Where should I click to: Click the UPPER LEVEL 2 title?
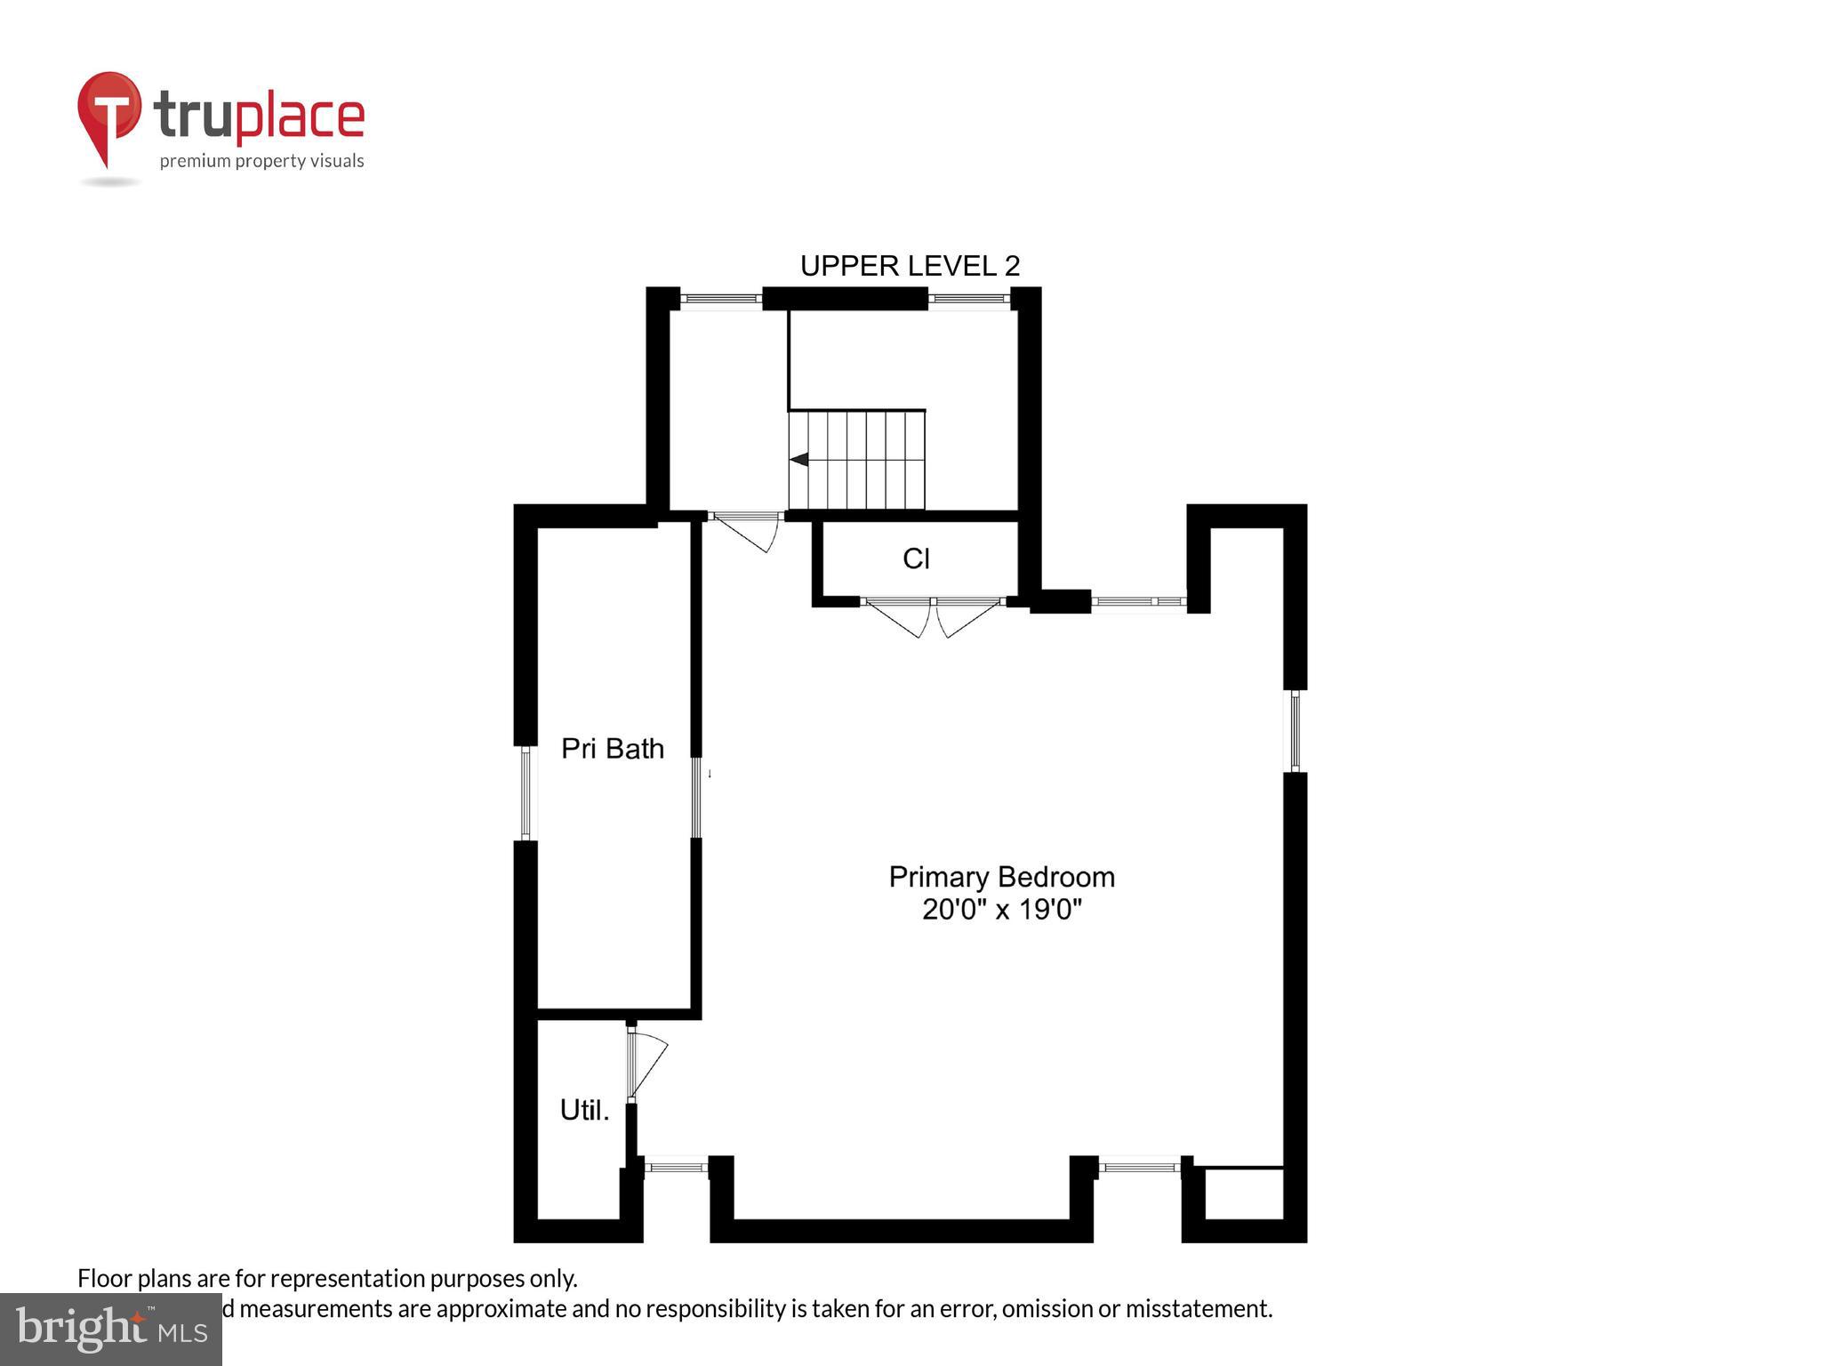point(910,265)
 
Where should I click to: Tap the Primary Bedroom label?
point(1001,877)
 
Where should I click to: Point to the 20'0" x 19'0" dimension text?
point(1001,911)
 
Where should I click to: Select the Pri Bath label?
point(613,749)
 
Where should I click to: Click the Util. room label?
point(584,1110)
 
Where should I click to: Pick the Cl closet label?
point(916,558)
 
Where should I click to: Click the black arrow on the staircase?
point(798,460)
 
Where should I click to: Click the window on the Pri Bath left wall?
point(525,793)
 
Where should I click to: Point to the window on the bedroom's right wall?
point(1296,731)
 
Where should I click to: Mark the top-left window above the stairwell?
point(720,299)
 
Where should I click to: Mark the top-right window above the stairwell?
point(969,299)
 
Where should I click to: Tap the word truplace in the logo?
point(259,117)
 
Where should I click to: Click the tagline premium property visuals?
point(261,161)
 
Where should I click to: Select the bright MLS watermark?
point(110,1329)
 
